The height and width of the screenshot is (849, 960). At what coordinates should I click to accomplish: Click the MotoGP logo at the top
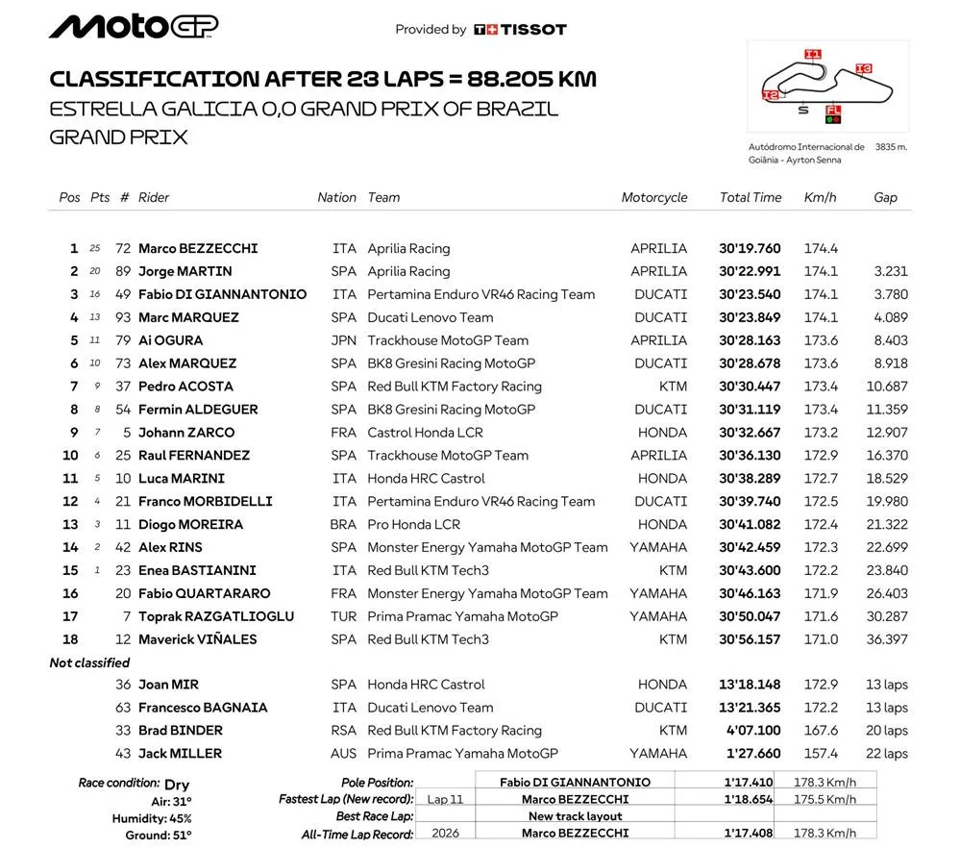(134, 26)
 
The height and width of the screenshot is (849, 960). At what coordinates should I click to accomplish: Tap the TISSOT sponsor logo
(520, 30)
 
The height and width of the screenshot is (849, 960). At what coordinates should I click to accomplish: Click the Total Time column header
(751, 197)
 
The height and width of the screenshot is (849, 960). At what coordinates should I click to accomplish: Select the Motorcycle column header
(654, 197)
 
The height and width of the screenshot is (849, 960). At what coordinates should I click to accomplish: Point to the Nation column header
(336, 197)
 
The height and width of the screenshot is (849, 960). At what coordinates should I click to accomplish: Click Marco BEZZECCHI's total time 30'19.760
(750, 248)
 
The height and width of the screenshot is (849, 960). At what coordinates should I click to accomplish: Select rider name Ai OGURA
(170, 340)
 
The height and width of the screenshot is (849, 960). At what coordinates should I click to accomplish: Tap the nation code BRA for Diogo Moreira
(343, 524)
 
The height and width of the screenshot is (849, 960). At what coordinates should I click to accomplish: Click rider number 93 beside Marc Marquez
(122, 317)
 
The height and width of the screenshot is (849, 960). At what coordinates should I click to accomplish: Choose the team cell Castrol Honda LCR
(421, 432)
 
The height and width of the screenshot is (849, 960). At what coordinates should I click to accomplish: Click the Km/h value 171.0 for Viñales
(821, 639)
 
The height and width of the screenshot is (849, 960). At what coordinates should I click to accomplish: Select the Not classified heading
(89, 662)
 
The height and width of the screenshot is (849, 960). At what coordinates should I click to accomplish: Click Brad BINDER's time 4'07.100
(755, 731)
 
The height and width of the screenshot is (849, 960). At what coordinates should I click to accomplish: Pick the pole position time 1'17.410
(751, 783)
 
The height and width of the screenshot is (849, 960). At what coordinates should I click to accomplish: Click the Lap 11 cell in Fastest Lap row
(445, 799)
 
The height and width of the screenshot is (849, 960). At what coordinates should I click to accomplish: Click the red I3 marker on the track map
(863, 69)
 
